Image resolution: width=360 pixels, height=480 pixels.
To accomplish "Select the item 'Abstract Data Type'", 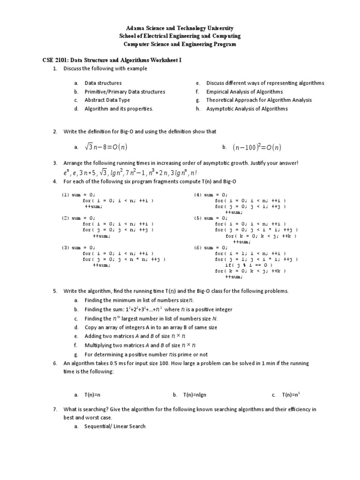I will pos(107,100).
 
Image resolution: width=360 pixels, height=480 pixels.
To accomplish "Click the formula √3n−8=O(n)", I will pos(106,148).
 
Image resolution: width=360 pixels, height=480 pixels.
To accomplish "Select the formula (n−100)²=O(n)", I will pos(257,148).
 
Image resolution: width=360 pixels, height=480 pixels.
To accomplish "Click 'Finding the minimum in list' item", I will pos(138,300).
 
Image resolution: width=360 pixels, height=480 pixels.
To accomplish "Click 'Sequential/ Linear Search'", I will pos(115,426).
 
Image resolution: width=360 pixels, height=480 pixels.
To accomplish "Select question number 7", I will pos(55,409).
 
